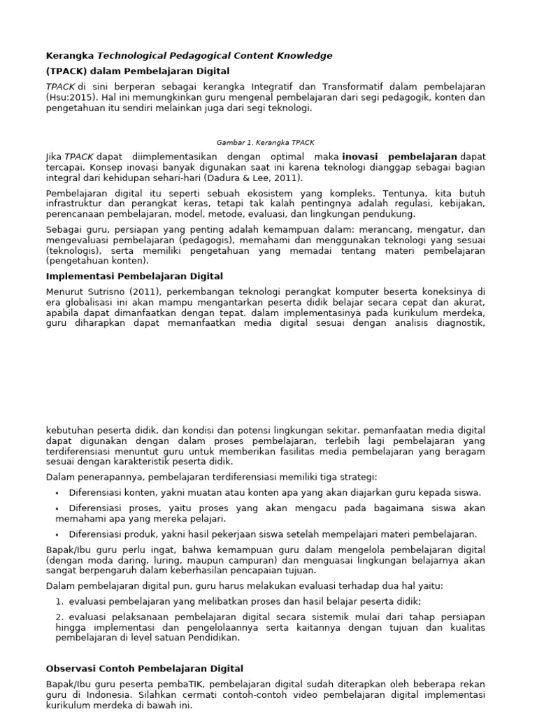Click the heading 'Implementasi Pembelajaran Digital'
[x=134, y=276]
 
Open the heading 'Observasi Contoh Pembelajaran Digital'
[x=144, y=668]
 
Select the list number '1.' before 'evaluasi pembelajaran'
[x=59, y=601]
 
